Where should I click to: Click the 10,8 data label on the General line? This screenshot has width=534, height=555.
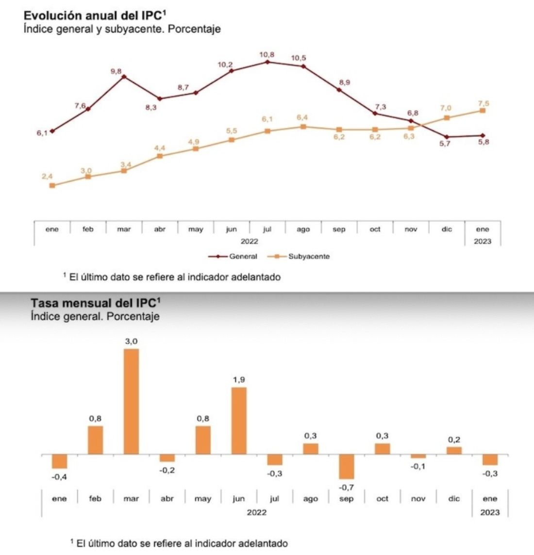tap(267, 55)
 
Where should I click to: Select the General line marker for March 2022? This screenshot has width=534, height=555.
tap(124, 76)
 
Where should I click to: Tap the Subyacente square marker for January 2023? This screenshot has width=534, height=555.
tap(483, 111)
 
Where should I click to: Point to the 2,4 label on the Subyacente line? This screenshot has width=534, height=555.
tap(47, 177)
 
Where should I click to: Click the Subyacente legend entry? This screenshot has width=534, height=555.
tap(309, 257)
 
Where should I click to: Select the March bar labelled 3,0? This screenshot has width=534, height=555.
tap(131, 401)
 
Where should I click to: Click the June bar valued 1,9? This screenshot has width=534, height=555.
tap(239, 421)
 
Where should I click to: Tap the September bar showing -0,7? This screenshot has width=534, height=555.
tap(347, 467)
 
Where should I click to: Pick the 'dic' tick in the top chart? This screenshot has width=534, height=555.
tap(447, 229)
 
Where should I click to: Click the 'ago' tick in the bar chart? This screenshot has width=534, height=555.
tap(310, 499)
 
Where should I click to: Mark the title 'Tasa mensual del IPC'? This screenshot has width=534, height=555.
tap(95, 303)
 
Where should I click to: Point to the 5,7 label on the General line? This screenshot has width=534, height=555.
tap(445, 144)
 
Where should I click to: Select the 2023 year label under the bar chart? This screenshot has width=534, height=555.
tap(489, 512)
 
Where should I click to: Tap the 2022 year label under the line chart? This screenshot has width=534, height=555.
tap(250, 242)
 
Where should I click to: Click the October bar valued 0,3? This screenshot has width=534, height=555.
tap(383, 449)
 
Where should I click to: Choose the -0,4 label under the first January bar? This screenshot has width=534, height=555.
tap(59, 477)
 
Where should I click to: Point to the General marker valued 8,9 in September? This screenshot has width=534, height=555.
tap(339, 90)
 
